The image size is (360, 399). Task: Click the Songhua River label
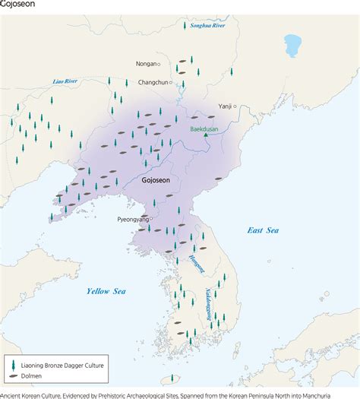[x=209, y=26]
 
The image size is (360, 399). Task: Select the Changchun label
[x=153, y=82]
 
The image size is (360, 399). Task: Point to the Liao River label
[x=66, y=81]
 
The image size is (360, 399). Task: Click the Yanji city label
[x=225, y=106]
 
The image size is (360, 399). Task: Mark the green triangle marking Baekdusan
[x=205, y=137]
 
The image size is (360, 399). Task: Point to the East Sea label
[x=263, y=230]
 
